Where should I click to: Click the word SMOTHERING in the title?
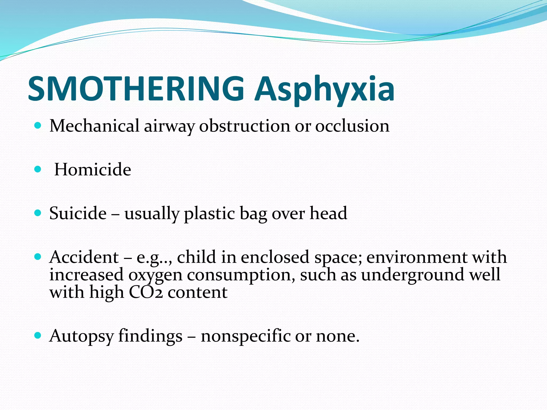(x=136, y=89)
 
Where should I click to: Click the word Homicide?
(x=93, y=169)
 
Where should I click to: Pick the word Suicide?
(x=78, y=213)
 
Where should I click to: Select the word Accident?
(x=84, y=257)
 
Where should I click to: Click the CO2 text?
(x=146, y=292)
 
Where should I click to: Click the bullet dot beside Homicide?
(x=38, y=169)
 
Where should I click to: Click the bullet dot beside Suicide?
(x=38, y=213)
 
